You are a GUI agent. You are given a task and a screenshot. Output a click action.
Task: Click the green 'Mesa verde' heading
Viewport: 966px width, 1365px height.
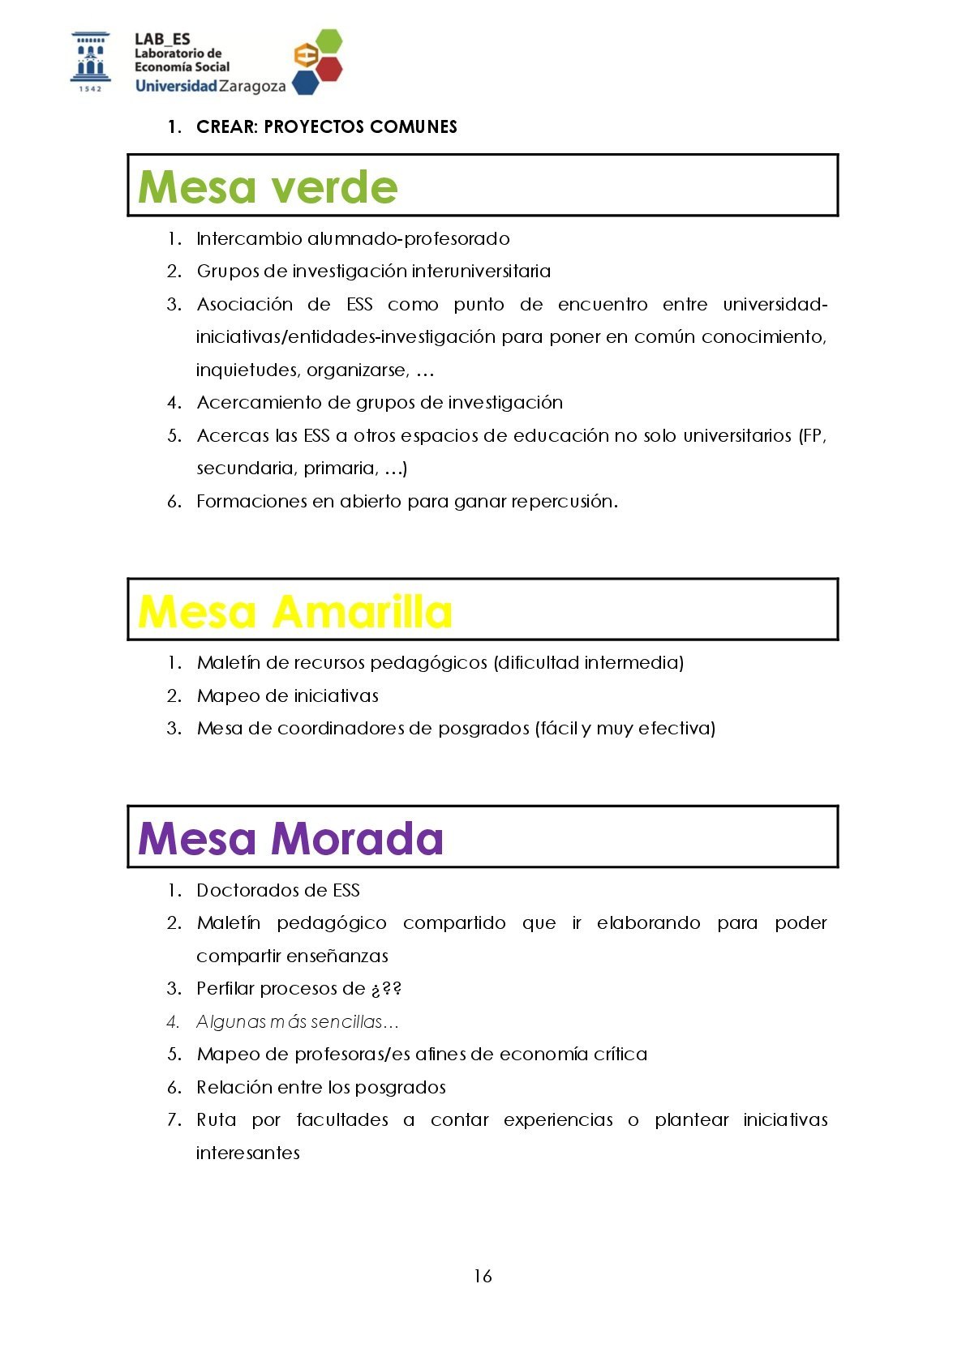(x=268, y=187)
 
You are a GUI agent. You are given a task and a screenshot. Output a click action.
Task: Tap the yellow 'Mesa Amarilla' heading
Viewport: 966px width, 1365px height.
(x=294, y=611)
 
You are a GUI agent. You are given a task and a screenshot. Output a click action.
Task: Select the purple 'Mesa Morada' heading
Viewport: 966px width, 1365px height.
(x=290, y=838)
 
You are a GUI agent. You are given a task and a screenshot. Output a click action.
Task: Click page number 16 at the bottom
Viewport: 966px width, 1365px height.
(x=483, y=1276)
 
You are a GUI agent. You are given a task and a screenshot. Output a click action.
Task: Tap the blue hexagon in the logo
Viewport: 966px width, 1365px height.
(x=305, y=82)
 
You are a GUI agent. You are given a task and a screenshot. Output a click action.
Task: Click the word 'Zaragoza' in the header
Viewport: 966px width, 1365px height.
(x=252, y=86)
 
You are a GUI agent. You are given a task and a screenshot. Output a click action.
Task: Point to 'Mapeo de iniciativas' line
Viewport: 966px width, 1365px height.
(x=287, y=695)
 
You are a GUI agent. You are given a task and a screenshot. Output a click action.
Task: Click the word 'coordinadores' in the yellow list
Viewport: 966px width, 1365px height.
(x=340, y=728)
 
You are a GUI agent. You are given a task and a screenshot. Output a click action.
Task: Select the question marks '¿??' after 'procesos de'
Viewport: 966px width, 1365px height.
(x=386, y=989)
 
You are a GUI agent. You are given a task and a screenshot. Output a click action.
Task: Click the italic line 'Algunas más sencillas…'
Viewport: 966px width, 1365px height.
(x=297, y=1021)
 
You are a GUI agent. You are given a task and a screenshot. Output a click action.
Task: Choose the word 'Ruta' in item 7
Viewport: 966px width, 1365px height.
(x=217, y=1119)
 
